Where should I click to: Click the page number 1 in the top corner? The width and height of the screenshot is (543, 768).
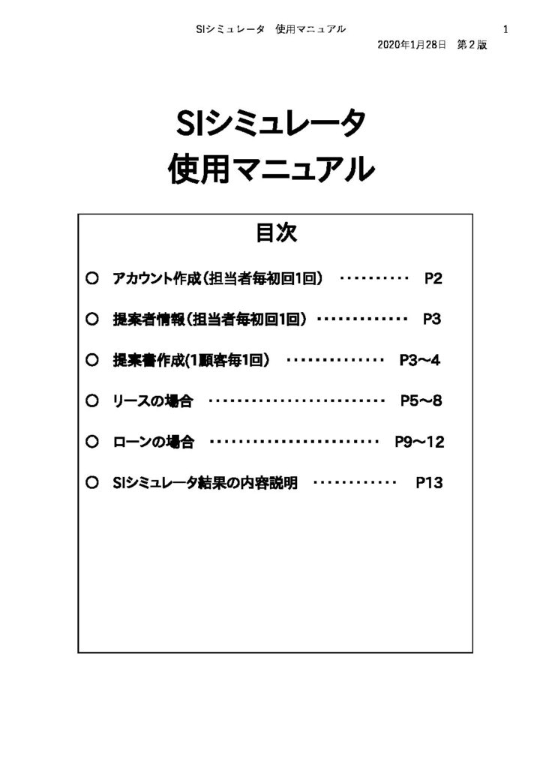(x=505, y=29)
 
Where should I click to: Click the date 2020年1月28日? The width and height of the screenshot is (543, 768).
(x=412, y=45)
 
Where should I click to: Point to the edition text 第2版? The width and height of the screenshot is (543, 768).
(x=472, y=45)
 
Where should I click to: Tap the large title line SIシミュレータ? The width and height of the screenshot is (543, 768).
(x=271, y=124)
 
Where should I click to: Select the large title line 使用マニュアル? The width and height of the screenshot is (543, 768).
(x=271, y=169)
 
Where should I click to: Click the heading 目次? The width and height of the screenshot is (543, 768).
(x=276, y=232)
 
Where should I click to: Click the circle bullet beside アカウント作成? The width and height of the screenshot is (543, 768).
(x=92, y=278)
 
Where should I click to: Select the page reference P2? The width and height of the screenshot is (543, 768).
(x=433, y=279)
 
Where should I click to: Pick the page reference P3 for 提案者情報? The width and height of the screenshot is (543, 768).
(x=432, y=319)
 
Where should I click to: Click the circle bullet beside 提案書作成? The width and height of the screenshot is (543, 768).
(x=92, y=360)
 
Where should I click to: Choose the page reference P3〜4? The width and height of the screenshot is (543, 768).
(x=419, y=360)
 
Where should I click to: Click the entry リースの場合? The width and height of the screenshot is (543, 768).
(x=152, y=401)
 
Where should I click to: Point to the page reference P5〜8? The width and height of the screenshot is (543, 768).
(x=421, y=401)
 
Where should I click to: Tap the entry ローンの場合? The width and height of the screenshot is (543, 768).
(x=153, y=442)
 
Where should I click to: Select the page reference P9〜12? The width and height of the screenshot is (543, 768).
(x=419, y=442)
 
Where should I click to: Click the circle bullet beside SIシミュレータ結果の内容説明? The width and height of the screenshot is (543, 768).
(x=92, y=483)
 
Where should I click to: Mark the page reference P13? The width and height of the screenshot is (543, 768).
(x=430, y=483)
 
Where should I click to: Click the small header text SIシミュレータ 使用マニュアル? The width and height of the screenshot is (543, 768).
(x=271, y=29)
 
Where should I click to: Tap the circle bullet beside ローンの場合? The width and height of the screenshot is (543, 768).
(x=92, y=442)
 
